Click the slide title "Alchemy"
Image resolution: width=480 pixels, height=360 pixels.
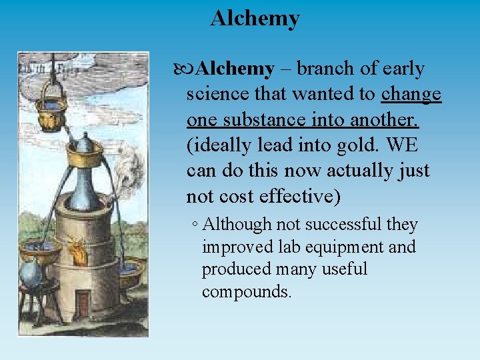255,18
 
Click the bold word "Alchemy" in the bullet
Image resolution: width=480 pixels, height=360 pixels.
236,69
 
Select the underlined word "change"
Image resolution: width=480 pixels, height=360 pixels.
411,94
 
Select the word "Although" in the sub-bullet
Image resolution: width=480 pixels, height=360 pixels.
234,225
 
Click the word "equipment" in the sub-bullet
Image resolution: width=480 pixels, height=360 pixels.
347,247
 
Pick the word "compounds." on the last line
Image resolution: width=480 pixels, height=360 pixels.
247,292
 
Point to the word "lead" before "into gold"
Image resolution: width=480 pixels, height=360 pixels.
284,145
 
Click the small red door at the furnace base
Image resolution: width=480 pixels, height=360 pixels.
82,304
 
